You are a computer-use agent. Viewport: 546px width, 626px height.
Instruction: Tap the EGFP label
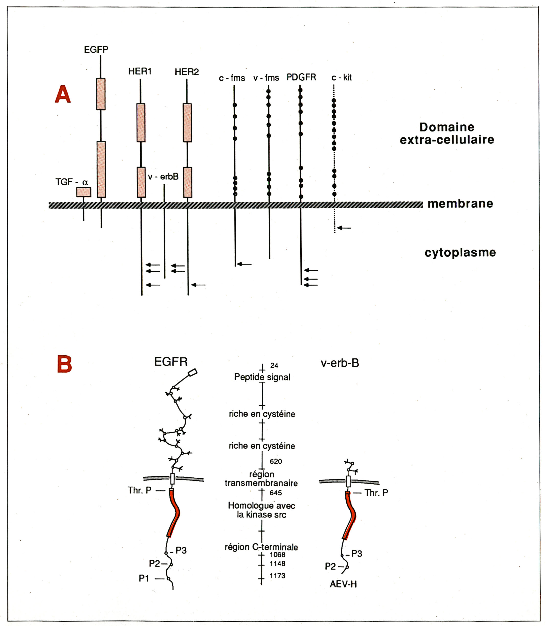(96, 50)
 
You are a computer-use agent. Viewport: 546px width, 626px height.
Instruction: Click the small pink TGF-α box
(84, 192)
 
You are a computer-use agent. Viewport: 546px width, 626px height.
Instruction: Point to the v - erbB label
(163, 176)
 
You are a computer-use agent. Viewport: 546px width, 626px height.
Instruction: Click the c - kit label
(341, 78)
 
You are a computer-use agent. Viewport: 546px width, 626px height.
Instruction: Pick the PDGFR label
(301, 77)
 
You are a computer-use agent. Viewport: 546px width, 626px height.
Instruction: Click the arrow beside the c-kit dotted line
(344, 228)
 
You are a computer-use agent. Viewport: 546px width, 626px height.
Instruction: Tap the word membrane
(460, 203)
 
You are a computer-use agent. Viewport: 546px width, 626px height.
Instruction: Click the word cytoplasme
(460, 252)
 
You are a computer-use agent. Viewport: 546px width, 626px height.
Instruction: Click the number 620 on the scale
(276, 461)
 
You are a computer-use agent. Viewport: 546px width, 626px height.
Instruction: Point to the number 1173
(277, 575)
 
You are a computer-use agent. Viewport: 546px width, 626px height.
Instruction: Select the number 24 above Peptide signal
(274, 366)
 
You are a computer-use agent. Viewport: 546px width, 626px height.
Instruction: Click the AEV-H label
(343, 584)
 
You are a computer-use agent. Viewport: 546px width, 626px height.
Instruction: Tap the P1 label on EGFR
(144, 578)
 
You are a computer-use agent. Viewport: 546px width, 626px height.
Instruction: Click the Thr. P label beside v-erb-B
(376, 493)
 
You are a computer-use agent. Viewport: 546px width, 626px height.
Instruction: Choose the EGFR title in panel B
(171, 362)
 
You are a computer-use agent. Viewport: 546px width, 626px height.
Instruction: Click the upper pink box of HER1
(141, 123)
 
